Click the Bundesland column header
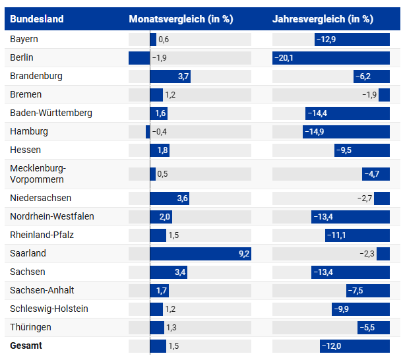(x=37, y=19)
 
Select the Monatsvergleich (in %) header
(x=180, y=19)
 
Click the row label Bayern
(x=24, y=40)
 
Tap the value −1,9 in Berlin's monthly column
(x=160, y=58)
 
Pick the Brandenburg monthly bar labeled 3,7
(x=170, y=76)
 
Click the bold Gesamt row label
(x=26, y=345)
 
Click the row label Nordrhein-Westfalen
(x=52, y=216)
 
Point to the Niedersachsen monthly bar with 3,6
(x=170, y=198)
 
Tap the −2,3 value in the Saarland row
(x=367, y=253)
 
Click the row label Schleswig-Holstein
(x=49, y=309)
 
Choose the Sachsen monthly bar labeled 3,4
(x=170, y=272)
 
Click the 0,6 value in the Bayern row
(x=164, y=40)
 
